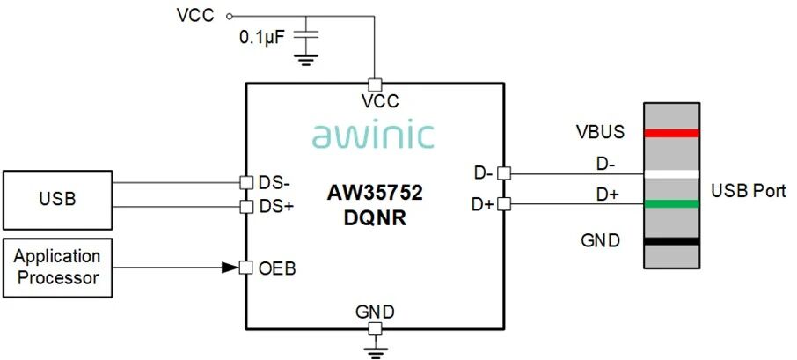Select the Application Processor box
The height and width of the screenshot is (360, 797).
pos(58,268)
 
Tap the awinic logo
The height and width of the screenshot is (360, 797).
pos(373,135)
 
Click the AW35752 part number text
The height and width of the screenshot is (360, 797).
pos(374,191)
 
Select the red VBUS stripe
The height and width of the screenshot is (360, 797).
pos(671,133)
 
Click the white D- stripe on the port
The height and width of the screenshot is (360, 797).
pos(671,173)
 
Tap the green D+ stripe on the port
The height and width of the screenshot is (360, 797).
pos(671,204)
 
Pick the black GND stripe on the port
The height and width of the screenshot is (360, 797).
pos(671,239)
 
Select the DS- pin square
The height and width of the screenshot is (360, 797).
pos(246,183)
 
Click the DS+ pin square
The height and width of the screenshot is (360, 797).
pos(246,207)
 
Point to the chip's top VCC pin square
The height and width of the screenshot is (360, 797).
pos(374,84)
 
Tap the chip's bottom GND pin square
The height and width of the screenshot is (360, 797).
pos(374,328)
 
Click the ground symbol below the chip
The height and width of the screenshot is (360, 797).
pos(374,351)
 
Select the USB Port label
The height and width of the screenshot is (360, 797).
pos(748,191)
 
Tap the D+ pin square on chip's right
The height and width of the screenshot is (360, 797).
pos(502,204)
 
